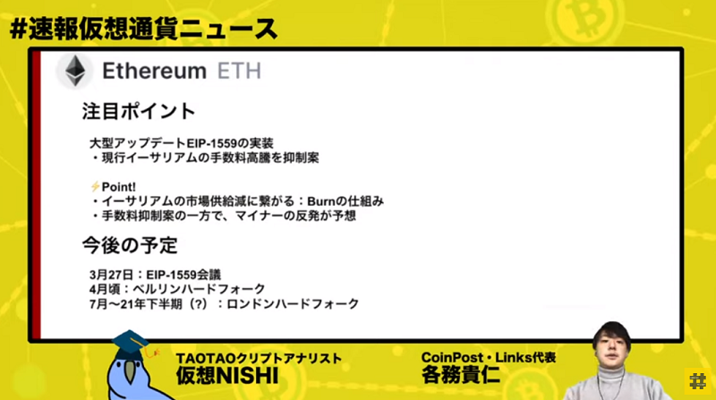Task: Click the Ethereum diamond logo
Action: [75, 71]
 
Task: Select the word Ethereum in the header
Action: [154, 72]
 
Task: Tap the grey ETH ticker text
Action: [239, 72]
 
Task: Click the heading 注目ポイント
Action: [139, 112]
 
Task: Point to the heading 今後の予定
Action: [130, 245]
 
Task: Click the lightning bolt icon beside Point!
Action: [95, 186]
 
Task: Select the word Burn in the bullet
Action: [321, 201]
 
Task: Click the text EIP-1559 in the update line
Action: [212, 143]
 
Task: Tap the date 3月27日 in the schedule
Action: [111, 275]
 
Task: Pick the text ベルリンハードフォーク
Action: [199, 289]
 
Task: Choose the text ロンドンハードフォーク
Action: [293, 303]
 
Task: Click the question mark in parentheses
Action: [198, 303]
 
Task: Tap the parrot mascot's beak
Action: [130, 372]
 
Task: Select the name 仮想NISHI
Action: [227, 376]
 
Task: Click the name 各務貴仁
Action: [460, 374]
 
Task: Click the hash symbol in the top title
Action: [18, 30]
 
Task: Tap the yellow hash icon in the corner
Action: [697, 381]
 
